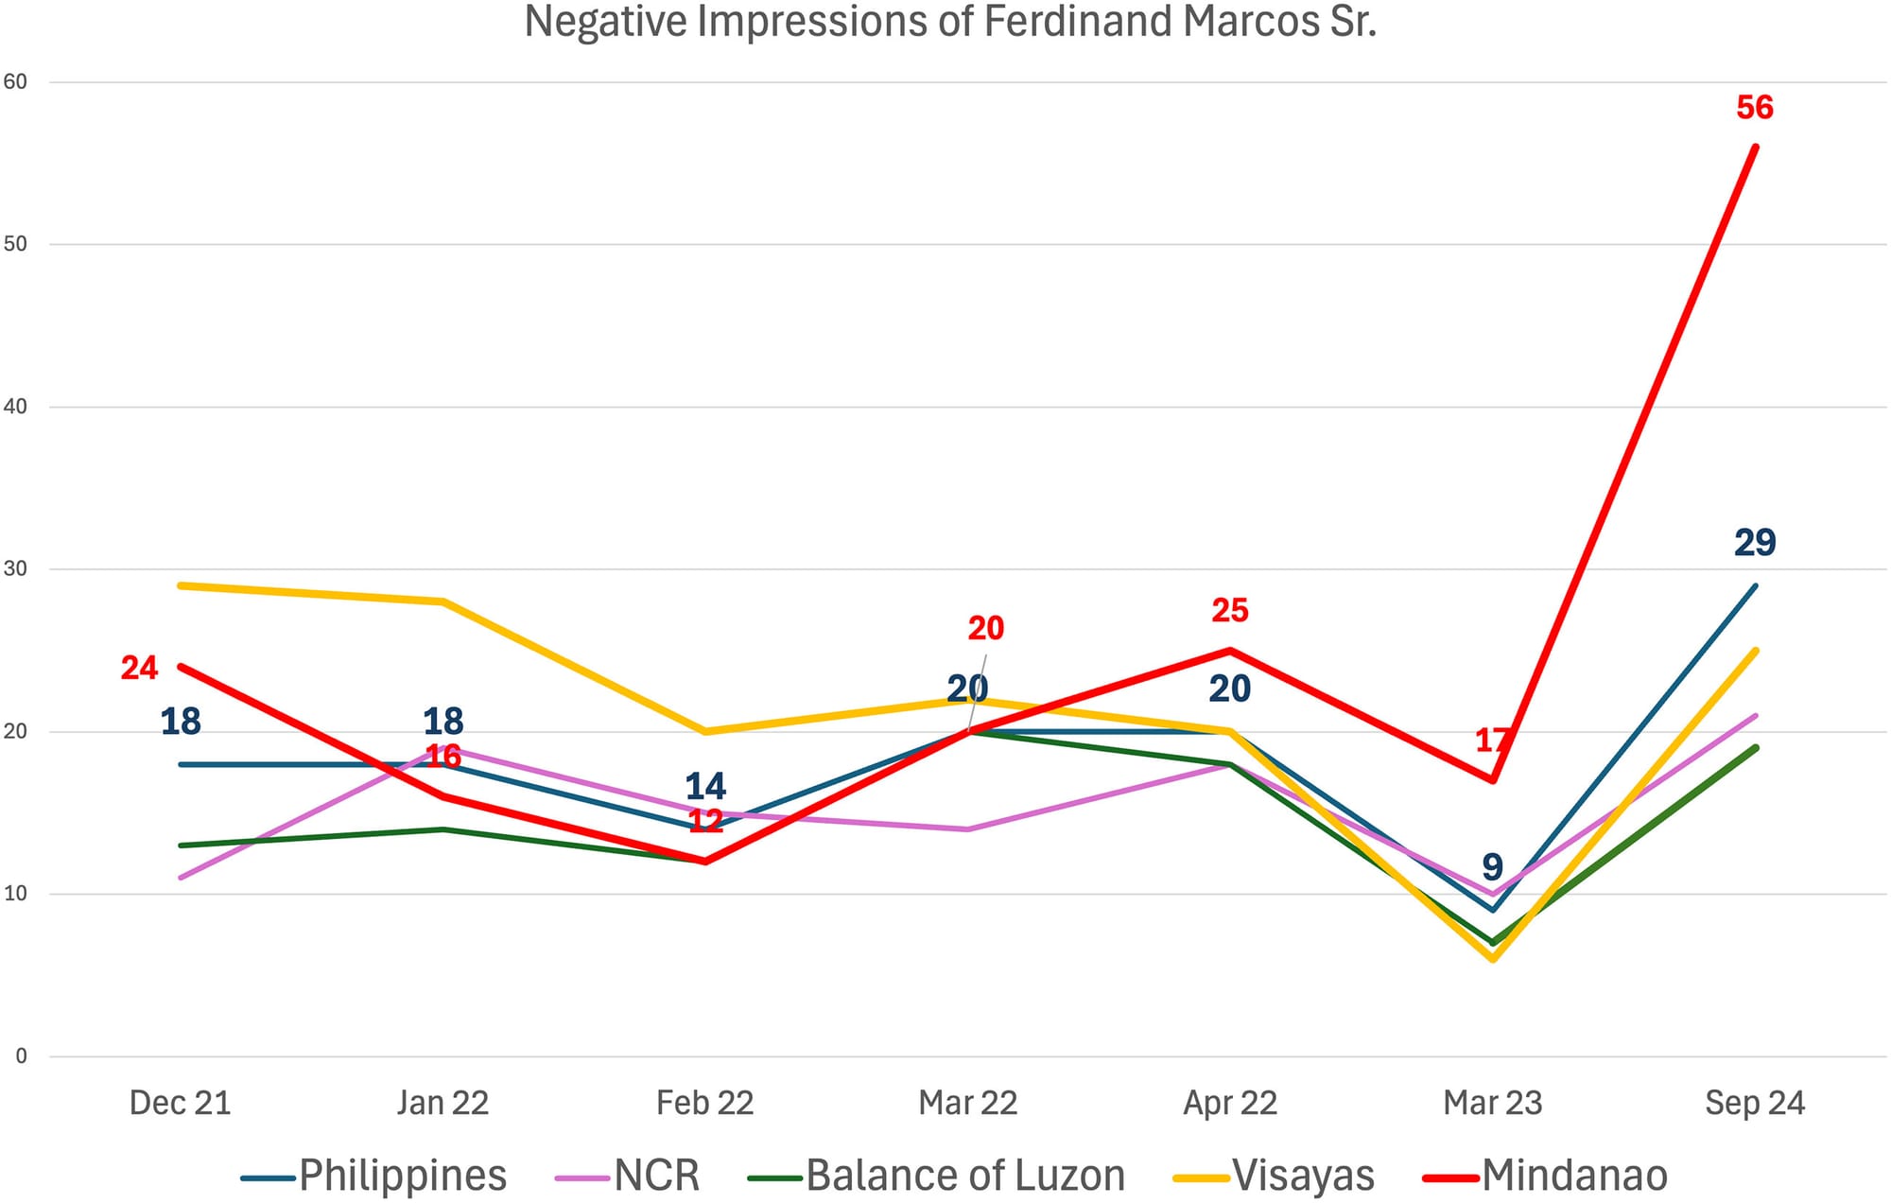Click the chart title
(x=949, y=23)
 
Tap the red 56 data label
(x=1754, y=108)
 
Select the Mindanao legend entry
(x=1573, y=1176)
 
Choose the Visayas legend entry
(x=1303, y=1176)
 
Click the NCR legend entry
(x=656, y=1176)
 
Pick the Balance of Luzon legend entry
(x=964, y=1176)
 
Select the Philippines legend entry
(x=403, y=1176)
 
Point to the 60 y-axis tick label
(x=16, y=82)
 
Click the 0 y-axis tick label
(x=21, y=1056)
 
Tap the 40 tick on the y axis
(x=16, y=407)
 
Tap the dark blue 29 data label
(x=1755, y=543)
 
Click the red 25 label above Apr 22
(x=1230, y=611)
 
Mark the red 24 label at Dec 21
(x=139, y=669)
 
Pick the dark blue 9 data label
(x=1492, y=866)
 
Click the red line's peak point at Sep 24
(x=1755, y=147)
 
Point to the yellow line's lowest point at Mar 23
(x=1493, y=959)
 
